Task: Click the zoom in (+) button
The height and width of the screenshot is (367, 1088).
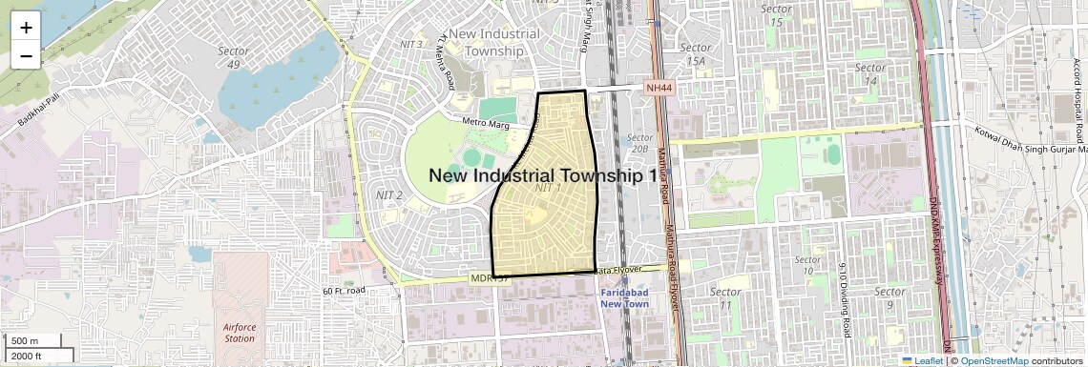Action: [26, 27]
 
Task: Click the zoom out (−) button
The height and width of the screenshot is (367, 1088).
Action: [26, 55]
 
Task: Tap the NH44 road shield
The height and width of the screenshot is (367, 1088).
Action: [659, 88]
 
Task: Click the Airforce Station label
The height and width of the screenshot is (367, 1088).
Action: [239, 332]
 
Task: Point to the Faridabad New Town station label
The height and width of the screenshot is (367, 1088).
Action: [624, 297]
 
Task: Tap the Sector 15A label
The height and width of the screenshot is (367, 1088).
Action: [697, 53]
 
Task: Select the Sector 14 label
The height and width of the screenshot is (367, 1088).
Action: [870, 73]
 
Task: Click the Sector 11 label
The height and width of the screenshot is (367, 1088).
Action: [726, 297]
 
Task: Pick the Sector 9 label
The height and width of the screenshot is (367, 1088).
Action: [889, 297]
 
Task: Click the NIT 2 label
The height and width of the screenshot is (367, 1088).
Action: [390, 195]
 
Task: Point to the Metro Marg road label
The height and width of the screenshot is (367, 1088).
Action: [487, 123]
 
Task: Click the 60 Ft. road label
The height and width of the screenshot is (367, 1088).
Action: [344, 290]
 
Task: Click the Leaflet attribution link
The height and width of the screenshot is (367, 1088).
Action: [923, 360]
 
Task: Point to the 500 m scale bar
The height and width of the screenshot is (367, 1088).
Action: [27, 340]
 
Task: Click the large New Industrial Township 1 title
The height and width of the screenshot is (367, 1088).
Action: [543, 175]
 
